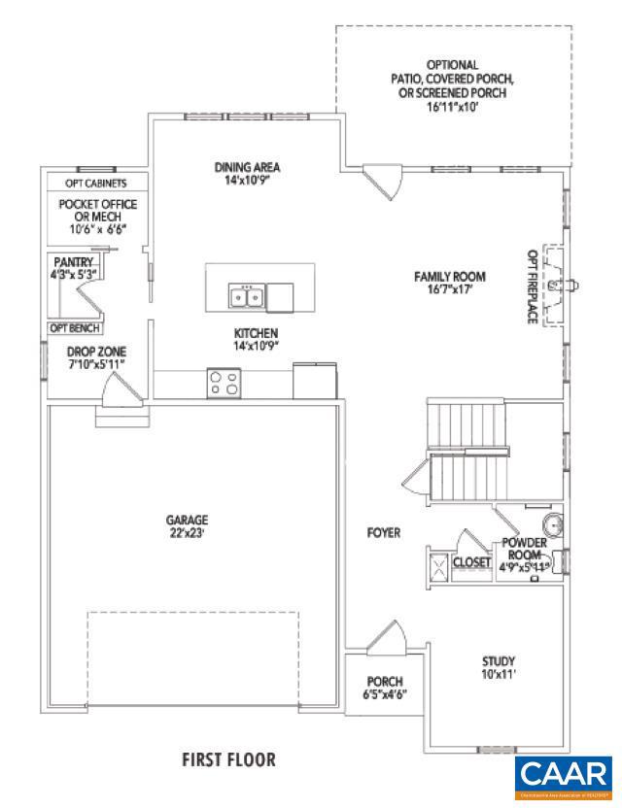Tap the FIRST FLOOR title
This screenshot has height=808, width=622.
[229, 757]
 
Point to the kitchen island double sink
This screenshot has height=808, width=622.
[246, 296]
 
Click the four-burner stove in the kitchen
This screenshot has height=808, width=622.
[224, 383]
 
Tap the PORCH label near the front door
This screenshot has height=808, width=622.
[385, 681]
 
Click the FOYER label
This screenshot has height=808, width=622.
[384, 532]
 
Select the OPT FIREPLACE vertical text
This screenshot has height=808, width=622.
[532, 286]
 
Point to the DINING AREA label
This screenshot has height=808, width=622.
[247, 167]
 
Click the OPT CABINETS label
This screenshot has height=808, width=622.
[95, 183]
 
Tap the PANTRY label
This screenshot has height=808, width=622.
[74, 262]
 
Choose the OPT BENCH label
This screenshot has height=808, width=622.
[74, 328]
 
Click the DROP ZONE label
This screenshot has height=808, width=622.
[96, 351]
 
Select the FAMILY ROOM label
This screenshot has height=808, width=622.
[449, 277]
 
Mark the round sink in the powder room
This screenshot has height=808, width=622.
[552, 524]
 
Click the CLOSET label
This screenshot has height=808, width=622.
[471, 562]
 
